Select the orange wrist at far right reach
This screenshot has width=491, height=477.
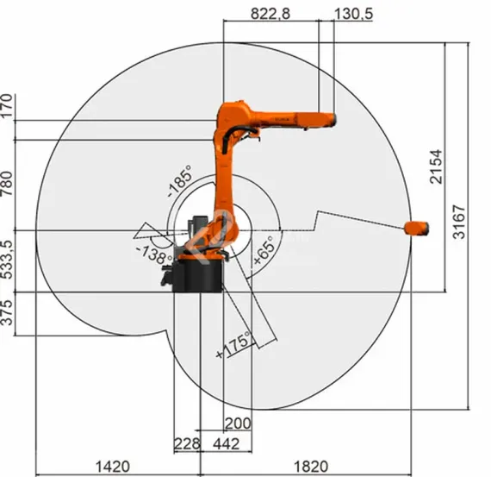click(x=417, y=228)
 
